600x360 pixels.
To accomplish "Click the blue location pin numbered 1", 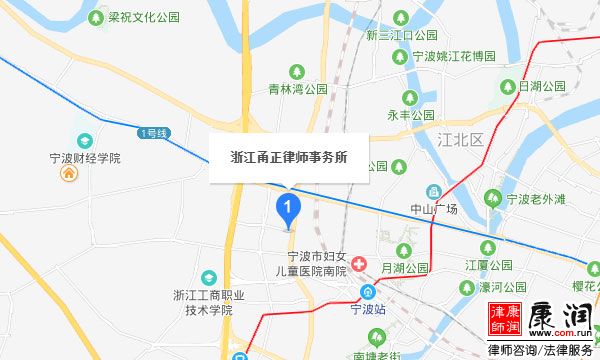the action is point(288,209).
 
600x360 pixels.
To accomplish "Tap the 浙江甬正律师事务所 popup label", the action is point(290,158).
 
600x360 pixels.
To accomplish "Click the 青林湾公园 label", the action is point(297,89).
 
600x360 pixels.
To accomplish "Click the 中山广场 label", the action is point(435,209).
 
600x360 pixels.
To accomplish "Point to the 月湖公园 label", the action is point(405,267).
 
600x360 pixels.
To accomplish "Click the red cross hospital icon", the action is point(359,268).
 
